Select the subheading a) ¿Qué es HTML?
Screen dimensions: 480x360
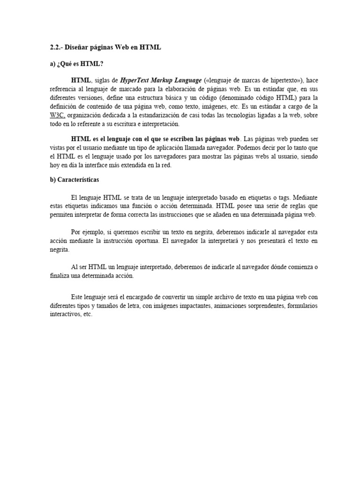(x=76, y=64)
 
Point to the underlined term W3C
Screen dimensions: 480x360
(x=58, y=115)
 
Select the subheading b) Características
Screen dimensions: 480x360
(x=75, y=180)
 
